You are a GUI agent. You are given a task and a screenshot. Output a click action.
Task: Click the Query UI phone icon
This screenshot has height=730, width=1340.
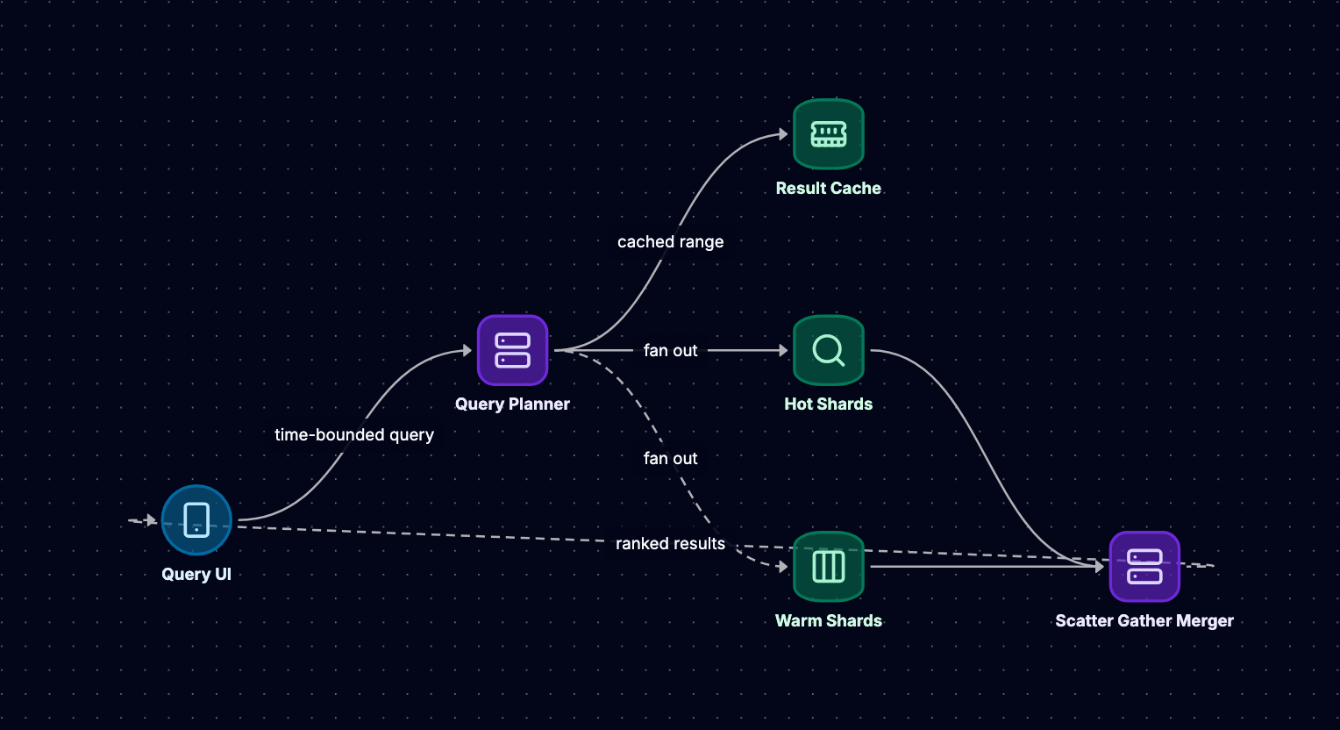196,520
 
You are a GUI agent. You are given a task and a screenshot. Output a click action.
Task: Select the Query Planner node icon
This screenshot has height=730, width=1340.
513,350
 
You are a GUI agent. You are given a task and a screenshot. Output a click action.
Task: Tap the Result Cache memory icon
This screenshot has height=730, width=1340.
829,134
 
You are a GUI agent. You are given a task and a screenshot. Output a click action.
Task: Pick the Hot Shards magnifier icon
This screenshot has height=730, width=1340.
829,350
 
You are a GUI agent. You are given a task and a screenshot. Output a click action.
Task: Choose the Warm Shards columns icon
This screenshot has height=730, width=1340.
829,567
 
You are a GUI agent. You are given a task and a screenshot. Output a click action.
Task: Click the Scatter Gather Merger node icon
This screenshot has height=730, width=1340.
1144,567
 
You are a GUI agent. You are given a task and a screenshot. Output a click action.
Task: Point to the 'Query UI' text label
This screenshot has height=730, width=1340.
196,575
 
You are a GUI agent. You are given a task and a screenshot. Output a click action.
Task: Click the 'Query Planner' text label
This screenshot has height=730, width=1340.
513,404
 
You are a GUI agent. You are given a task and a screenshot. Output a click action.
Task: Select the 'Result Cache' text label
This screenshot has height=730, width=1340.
829,189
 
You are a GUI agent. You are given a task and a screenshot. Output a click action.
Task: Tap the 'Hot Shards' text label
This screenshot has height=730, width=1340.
829,404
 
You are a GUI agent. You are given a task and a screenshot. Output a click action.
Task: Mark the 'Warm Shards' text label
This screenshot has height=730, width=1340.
829,621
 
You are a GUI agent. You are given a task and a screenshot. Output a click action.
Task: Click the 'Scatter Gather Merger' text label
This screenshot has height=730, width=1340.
1144,621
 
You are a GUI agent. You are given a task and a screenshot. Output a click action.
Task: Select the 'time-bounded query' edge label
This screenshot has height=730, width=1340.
354,435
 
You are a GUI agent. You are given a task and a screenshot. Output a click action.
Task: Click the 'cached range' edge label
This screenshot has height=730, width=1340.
671,242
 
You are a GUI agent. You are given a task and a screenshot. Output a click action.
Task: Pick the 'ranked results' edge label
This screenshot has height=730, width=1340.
671,543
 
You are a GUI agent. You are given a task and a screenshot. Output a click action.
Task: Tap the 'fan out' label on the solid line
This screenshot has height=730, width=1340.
671,351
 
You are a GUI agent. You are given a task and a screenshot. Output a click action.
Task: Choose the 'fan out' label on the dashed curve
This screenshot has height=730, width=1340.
671,458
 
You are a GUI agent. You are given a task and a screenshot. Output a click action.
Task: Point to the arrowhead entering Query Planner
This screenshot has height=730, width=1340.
467,351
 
